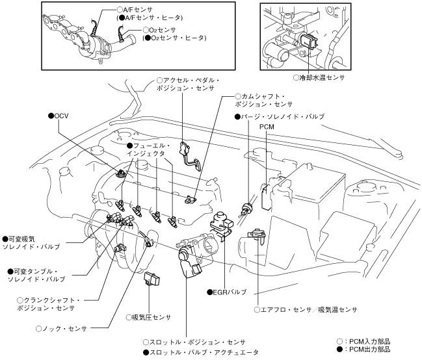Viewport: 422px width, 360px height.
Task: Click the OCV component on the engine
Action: tap(122, 174)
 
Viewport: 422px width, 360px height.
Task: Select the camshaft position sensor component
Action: tap(191, 199)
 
